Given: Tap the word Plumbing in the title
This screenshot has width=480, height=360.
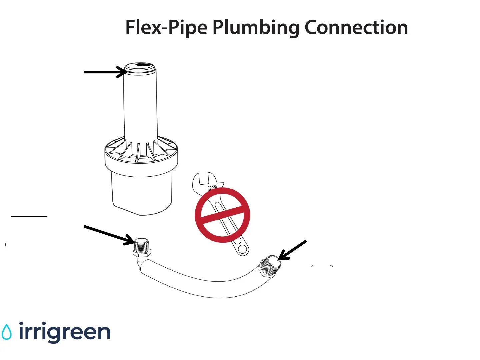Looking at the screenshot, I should point(256,27).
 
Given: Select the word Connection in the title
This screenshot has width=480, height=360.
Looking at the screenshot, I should point(356,27).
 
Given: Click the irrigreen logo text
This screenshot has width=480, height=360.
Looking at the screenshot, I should point(65,332).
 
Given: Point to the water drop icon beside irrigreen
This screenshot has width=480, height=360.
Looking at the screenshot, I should point(6,332).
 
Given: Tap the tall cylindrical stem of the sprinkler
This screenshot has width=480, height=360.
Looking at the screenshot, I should point(140,107).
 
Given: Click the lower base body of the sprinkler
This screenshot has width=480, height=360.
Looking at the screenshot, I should point(142,193).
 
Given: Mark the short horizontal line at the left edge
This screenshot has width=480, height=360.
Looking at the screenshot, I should point(29,217).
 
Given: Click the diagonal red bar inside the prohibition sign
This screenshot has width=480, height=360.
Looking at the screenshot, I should point(222,214).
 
